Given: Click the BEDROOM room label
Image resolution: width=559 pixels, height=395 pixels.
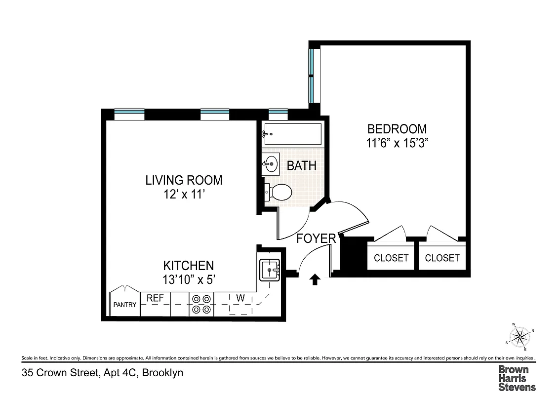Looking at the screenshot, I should point(397,129).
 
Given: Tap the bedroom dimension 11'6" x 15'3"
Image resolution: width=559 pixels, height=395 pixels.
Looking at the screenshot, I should point(397,144).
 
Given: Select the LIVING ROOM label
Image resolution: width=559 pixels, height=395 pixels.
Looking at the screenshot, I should point(184,180).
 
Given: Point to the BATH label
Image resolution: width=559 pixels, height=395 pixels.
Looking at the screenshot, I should point(302,165).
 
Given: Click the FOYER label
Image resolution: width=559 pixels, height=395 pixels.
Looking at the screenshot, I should point(316,239).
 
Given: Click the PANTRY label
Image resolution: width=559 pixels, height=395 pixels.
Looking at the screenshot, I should point(124,305).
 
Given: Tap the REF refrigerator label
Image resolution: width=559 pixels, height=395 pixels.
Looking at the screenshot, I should point(155,298).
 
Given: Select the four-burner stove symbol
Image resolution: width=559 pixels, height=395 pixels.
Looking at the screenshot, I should point(201,304).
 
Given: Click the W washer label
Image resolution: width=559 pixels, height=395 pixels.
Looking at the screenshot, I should point(240,298).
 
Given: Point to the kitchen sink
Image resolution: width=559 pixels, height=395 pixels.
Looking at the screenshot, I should point(270,270).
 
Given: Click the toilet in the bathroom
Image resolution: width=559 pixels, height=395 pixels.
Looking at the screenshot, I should point(279,192).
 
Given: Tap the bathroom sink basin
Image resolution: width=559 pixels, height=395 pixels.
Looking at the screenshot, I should point(271,164).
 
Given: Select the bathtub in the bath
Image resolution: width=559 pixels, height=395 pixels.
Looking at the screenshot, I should point(292,134).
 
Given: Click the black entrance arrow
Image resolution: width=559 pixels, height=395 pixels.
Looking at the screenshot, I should point(314,280).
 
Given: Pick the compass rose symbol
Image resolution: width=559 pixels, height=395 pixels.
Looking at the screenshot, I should point(519,338).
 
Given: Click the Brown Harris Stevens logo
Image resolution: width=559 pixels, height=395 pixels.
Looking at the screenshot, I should point(517,378).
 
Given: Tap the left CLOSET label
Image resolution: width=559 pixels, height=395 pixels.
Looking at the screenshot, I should point(391,258).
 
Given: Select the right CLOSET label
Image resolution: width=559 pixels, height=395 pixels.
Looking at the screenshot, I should point(442,258).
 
